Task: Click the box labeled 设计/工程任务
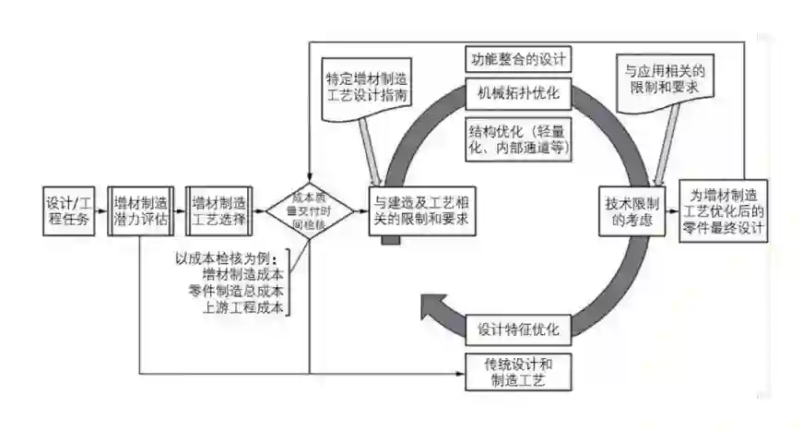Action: pos(68,210)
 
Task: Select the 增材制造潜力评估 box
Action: pos(141,211)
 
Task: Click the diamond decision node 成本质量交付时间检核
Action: pos(310,211)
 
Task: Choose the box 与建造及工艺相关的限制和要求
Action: pos(425,211)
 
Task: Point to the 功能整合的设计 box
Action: pos(519,60)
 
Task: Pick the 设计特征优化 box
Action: pos(519,329)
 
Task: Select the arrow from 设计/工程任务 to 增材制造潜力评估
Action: pos(100,211)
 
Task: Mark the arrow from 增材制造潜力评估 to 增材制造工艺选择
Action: pos(179,211)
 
